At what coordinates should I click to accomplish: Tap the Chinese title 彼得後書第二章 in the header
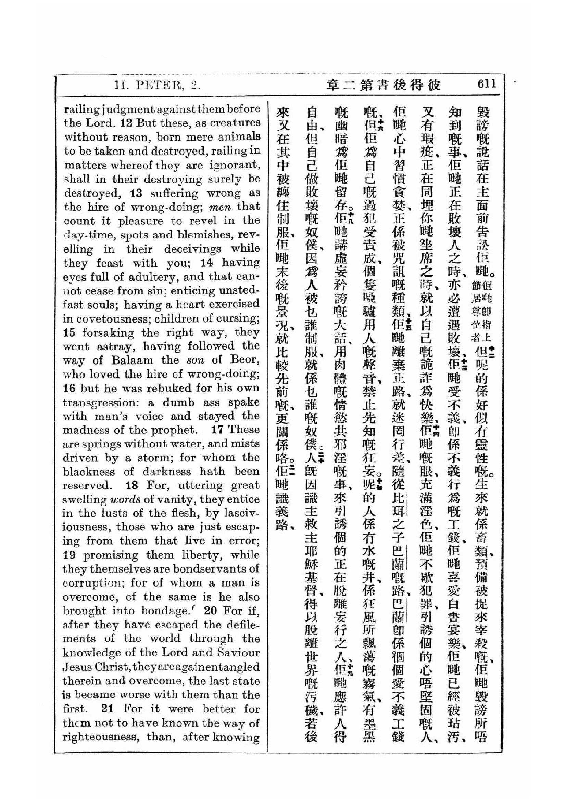(x=383, y=85)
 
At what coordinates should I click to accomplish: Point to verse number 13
(x=136, y=193)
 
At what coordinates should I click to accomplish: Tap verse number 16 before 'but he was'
(x=69, y=388)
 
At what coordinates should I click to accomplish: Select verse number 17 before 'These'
(x=217, y=430)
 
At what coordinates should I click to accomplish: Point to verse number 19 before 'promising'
(x=69, y=555)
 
